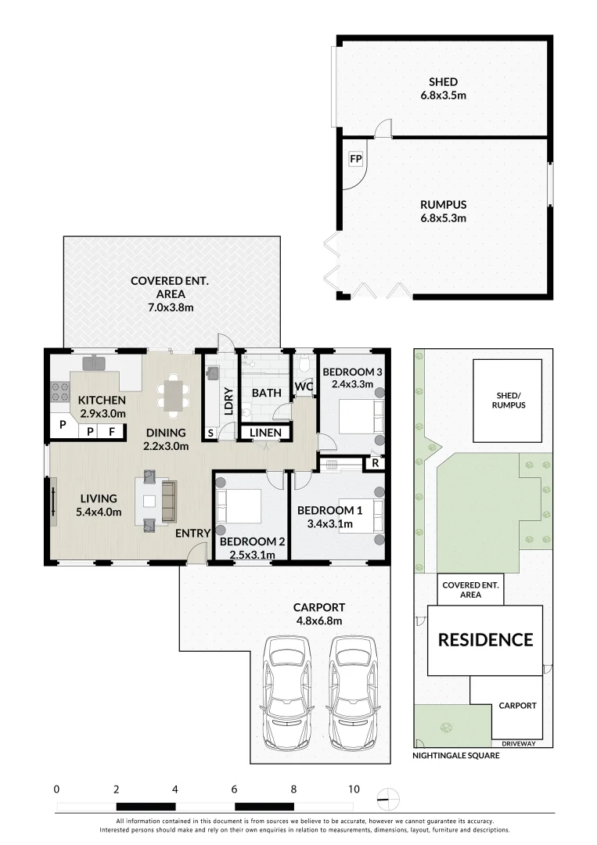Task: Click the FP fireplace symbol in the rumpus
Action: click(355, 159)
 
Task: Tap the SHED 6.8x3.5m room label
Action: click(444, 88)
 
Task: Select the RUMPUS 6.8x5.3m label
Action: click(444, 211)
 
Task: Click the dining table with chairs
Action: click(173, 396)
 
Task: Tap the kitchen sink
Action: click(94, 363)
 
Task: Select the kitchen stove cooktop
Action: click(60, 392)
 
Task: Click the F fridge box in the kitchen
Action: click(112, 432)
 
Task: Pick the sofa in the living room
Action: click(169, 502)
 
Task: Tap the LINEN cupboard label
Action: click(265, 432)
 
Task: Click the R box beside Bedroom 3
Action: click(376, 463)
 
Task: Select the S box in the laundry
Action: click(210, 433)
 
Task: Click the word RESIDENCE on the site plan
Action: click(485, 640)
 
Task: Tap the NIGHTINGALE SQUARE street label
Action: click(456, 756)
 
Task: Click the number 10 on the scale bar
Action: click(354, 789)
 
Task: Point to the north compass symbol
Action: click(389, 799)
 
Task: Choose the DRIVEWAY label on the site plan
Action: click(519, 744)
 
